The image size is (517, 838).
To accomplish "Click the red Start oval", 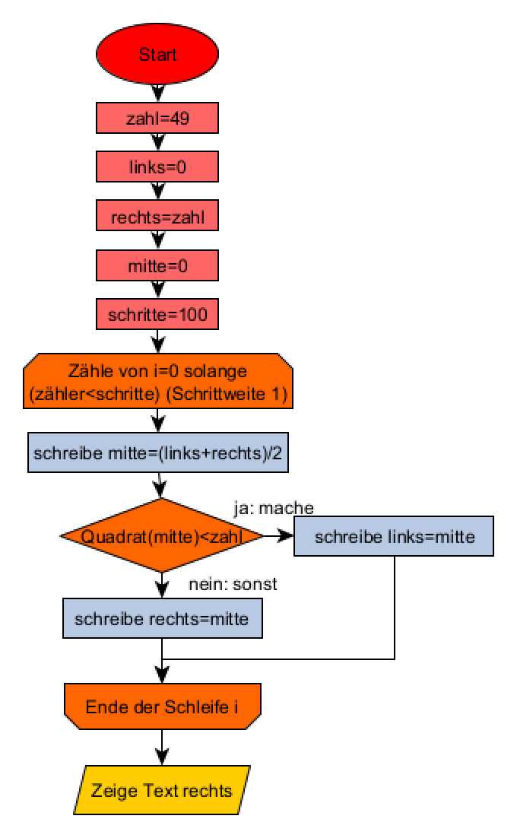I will click(x=157, y=55).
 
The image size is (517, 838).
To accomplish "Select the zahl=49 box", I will click(x=157, y=118).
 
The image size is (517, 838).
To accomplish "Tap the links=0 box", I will click(x=157, y=167).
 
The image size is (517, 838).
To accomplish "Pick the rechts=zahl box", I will click(x=157, y=217).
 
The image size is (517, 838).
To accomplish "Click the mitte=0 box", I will click(x=157, y=267).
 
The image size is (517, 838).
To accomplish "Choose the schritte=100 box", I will click(x=157, y=315).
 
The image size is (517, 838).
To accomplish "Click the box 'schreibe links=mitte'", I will click(x=395, y=537).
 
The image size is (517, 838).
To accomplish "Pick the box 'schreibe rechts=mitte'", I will click(x=162, y=619).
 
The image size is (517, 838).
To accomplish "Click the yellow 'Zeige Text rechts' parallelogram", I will click(x=162, y=791).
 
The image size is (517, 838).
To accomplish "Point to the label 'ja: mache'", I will click(x=273, y=507).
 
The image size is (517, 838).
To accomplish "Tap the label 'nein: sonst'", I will click(x=233, y=586).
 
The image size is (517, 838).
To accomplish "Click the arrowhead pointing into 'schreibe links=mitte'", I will click(x=288, y=537).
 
